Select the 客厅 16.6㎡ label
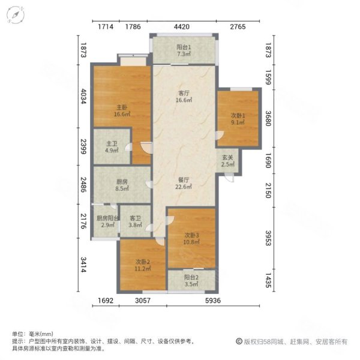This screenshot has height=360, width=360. click(184, 97)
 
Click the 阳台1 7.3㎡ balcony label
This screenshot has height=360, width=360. click(184, 51)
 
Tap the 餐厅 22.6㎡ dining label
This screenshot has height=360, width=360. click(184, 183)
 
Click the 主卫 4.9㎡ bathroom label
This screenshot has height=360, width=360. click(112, 147)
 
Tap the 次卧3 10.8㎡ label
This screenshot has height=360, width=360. click(191, 238)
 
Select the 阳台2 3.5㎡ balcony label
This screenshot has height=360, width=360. click(191, 281)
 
